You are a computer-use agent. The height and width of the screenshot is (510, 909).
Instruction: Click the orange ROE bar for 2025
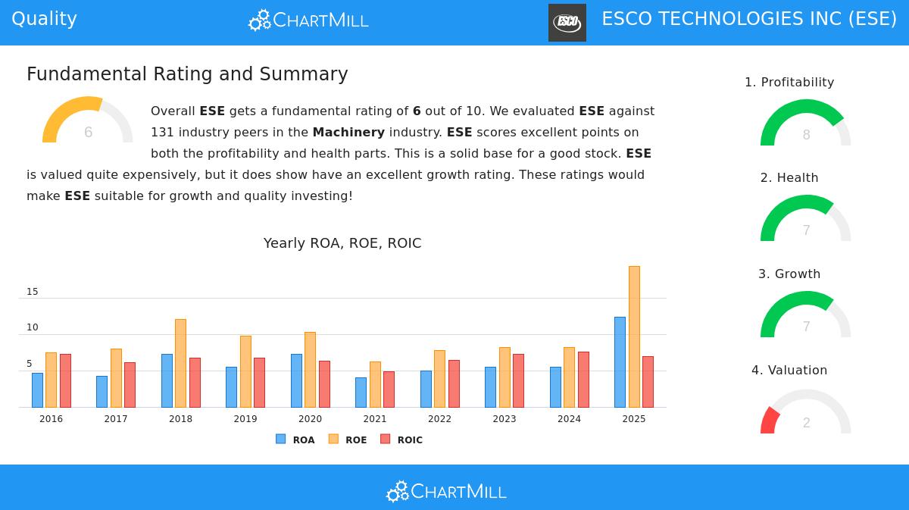[634, 336]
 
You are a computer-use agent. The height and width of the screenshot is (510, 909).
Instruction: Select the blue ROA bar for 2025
[620, 362]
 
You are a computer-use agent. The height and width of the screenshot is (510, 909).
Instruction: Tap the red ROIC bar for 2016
[65, 380]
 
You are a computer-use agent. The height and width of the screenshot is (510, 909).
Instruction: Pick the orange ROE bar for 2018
[180, 363]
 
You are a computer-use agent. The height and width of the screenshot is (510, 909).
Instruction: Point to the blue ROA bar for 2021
[361, 393]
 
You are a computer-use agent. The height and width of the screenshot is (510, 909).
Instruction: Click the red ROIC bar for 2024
[583, 380]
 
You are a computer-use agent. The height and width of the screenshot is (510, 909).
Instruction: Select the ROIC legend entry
[401, 440]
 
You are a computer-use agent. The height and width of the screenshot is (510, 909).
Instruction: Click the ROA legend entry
[295, 440]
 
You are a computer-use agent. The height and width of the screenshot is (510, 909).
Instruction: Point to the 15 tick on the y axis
[33, 292]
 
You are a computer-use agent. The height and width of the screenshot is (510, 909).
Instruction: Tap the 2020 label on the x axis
[310, 419]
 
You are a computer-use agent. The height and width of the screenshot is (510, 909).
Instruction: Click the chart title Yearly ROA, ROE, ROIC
[342, 243]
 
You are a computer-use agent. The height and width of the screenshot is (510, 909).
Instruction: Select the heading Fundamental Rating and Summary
[187, 74]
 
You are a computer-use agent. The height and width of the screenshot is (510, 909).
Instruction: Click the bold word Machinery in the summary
[348, 132]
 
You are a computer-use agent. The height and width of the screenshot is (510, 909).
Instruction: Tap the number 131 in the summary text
[162, 132]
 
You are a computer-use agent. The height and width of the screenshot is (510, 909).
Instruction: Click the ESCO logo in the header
[567, 22]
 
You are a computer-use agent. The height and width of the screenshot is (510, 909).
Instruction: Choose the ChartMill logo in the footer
[446, 492]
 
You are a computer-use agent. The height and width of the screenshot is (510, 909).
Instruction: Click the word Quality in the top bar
[44, 19]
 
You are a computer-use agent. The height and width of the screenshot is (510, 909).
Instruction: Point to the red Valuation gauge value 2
[806, 423]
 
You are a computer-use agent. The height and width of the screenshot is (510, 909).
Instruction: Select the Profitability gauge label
[789, 83]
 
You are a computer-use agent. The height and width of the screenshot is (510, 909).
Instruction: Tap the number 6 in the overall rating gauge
[88, 133]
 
